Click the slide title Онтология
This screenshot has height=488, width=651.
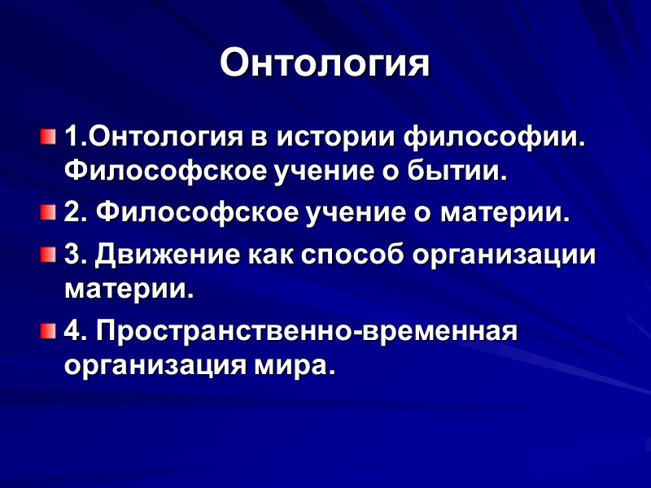(325, 63)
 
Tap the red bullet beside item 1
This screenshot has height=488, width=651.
(48, 133)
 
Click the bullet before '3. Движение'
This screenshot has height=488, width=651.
(48, 253)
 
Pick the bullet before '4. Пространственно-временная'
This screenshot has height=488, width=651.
(48, 331)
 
